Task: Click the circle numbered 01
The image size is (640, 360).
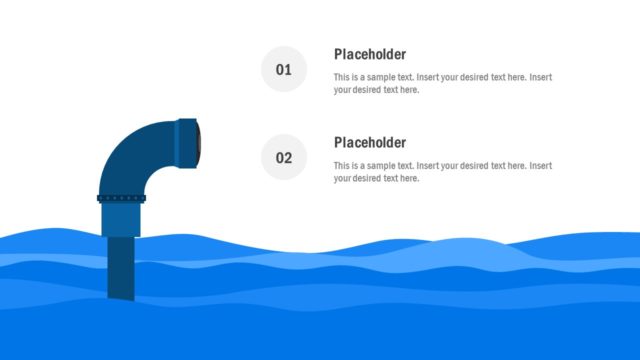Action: click(x=284, y=70)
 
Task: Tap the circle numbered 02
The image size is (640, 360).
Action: click(x=284, y=158)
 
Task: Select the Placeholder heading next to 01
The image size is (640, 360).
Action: click(x=370, y=54)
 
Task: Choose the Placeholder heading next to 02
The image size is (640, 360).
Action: click(x=370, y=142)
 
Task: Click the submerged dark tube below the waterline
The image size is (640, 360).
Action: click(x=122, y=268)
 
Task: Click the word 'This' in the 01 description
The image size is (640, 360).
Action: click(x=342, y=77)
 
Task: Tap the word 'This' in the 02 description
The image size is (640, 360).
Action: click(x=342, y=165)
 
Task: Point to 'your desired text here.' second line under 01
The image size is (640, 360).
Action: click(x=377, y=90)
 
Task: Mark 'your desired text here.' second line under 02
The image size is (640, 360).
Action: click(x=377, y=178)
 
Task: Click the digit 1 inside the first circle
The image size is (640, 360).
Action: click(x=288, y=70)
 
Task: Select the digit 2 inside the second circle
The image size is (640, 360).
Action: click(x=288, y=158)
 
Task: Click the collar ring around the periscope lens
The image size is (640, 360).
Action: click(x=185, y=141)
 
